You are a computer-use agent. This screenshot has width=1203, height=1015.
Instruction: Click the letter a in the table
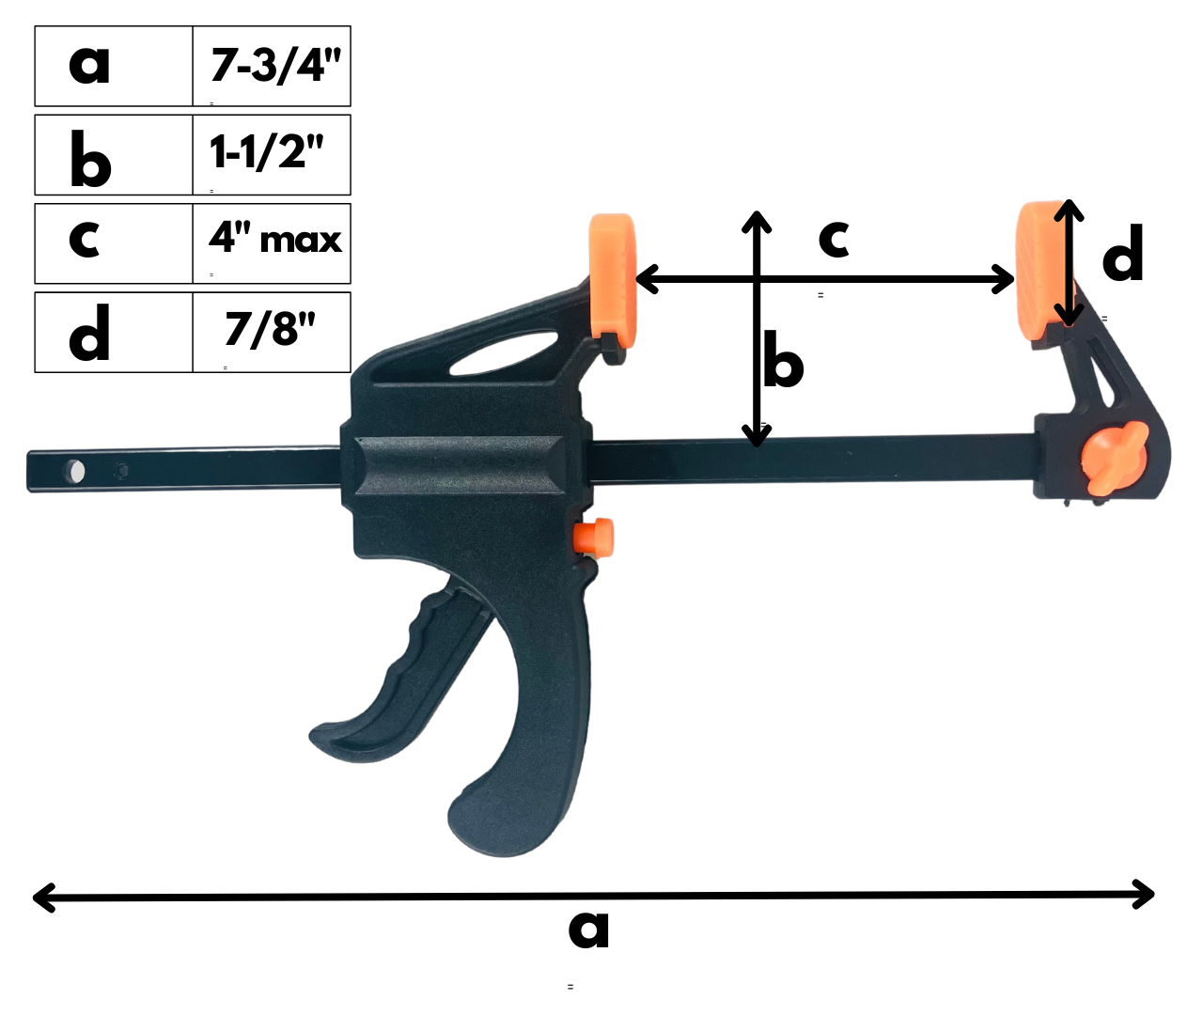89,65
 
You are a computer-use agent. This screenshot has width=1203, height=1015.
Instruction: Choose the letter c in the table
85,240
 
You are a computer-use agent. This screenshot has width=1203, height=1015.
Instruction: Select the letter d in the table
90,333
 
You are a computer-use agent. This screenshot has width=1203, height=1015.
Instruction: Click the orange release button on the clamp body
593,536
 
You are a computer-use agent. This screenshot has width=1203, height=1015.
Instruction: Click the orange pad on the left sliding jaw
612,274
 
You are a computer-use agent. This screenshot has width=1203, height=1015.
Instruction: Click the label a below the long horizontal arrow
589,929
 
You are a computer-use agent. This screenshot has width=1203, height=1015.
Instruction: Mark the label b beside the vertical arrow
783,359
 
